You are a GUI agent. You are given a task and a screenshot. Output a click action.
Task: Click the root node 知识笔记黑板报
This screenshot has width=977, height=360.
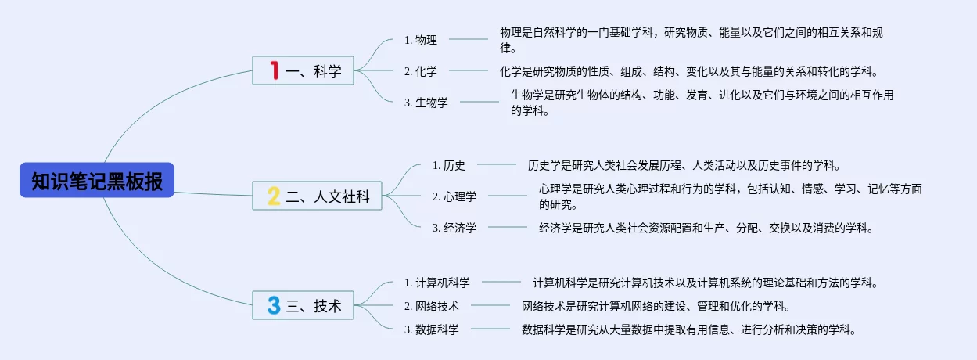click(97, 180)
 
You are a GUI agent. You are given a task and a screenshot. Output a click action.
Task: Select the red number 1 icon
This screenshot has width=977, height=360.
click(275, 70)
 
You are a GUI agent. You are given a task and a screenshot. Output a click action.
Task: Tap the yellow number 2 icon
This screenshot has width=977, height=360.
click(274, 196)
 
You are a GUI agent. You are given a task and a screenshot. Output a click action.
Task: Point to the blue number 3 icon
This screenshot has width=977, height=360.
click(274, 305)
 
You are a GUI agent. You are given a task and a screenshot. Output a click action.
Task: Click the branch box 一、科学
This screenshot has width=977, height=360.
click(304, 70)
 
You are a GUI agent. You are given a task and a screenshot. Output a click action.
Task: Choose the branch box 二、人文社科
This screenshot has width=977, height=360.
click(317, 196)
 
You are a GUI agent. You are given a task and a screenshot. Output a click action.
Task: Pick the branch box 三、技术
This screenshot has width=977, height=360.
click(304, 305)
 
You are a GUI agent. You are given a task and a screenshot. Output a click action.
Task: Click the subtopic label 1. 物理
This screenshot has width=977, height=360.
click(421, 40)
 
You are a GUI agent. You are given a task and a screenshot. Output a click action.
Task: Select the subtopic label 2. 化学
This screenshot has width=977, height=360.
click(421, 71)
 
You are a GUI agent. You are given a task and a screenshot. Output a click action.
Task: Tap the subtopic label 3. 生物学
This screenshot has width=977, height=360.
click(426, 103)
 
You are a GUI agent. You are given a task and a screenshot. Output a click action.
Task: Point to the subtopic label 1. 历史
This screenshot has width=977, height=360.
click(449, 165)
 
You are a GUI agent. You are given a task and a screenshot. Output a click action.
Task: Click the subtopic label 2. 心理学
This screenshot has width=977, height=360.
click(454, 196)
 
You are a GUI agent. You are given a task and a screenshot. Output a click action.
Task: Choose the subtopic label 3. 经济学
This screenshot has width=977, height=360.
click(454, 228)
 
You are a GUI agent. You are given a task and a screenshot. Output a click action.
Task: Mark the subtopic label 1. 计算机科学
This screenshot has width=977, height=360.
click(437, 283)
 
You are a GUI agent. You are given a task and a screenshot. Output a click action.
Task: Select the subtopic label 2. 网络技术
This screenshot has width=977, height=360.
click(431, 306)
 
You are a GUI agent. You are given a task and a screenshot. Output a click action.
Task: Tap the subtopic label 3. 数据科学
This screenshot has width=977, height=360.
click(431, 329)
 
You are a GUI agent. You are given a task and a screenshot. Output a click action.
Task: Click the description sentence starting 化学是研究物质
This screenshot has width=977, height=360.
click(689, 71)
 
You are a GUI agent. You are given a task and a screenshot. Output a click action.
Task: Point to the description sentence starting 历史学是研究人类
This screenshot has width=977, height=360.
click(684, 165)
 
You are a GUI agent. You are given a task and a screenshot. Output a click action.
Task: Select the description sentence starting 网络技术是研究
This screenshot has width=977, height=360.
click(656, 306)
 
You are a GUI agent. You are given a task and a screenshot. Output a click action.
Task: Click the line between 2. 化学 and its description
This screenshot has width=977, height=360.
click(469, 70)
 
